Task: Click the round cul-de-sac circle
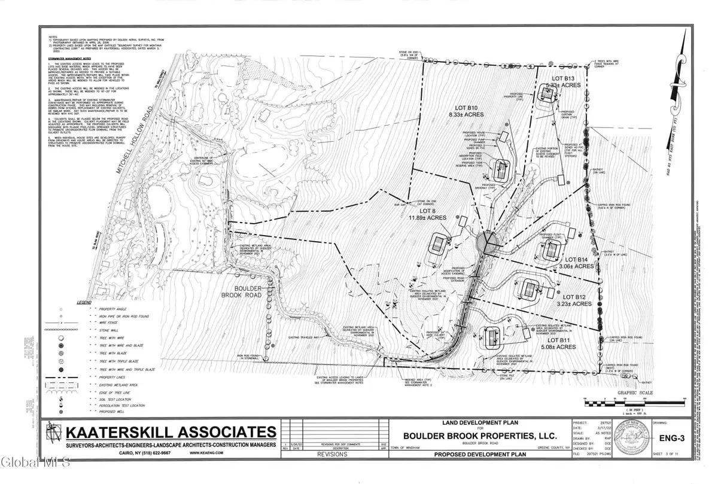pyautogui.click(x=489, y=242)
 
